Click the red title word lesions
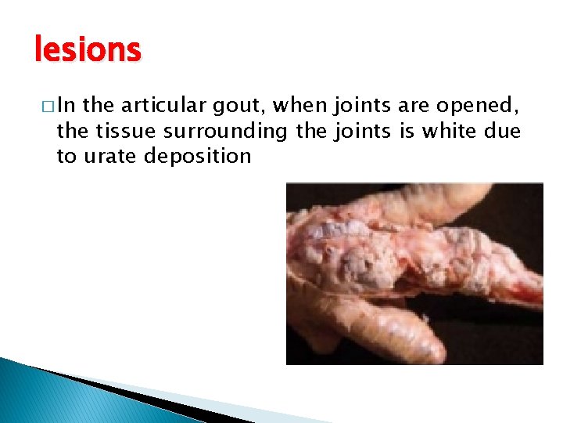[x=88, y=49]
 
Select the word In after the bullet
[x=65, y=107]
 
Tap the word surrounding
[x=227, y=132]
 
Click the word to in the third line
[x=66, y=155]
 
